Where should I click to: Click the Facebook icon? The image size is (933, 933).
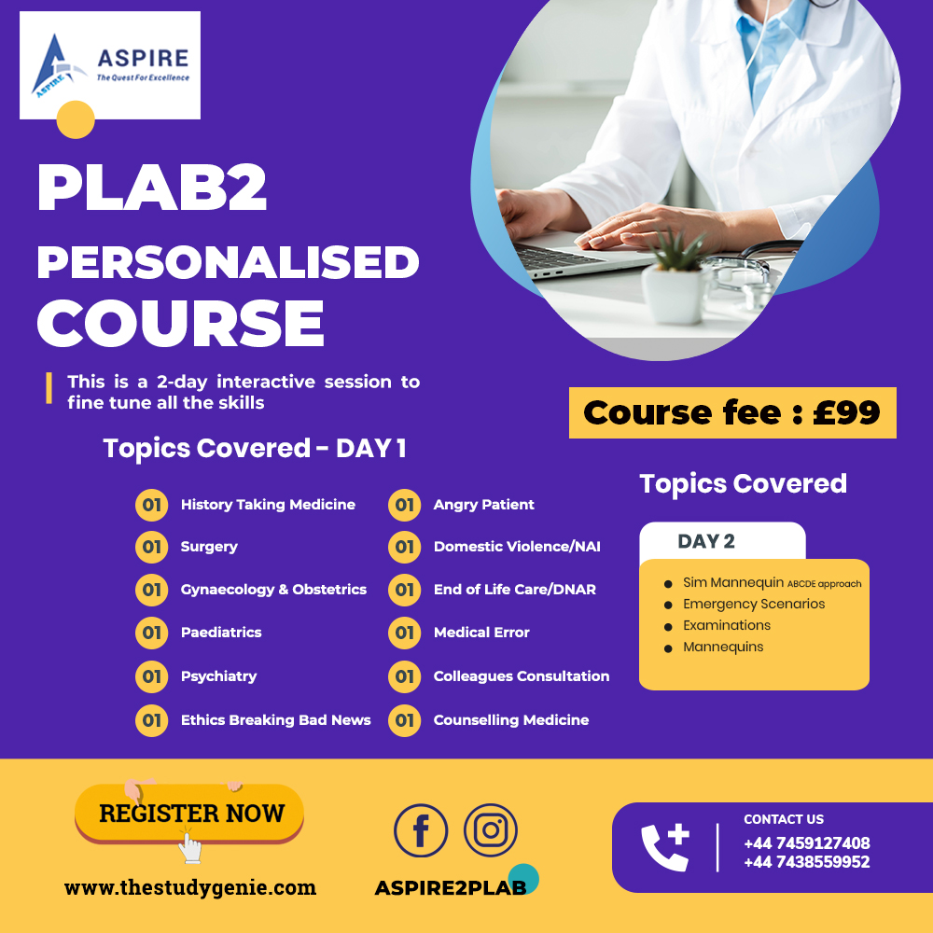pos(421,830)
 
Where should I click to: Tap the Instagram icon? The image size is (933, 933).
pos(491,830)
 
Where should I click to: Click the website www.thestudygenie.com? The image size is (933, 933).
pos(190,887)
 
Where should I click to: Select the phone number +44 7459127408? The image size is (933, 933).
pos(806,843)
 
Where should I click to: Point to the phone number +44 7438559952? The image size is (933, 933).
pos(806,861)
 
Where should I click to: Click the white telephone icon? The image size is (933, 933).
pos(664,847)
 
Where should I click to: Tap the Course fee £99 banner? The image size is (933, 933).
pos(732,413)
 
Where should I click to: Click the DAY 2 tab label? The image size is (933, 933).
pos(706,541)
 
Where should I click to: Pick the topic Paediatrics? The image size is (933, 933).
pos(221,632)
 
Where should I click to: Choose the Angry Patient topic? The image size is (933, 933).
pos(483,505)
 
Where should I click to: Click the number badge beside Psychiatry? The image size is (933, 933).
pos(152,676)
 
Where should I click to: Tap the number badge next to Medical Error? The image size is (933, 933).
pos(405,633)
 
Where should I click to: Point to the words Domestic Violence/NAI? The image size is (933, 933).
pos(517,546)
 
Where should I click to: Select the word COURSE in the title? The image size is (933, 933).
pos(181,323)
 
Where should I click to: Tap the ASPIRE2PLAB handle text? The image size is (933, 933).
pos(451,888)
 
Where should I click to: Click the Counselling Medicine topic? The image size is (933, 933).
pos(511,720)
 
